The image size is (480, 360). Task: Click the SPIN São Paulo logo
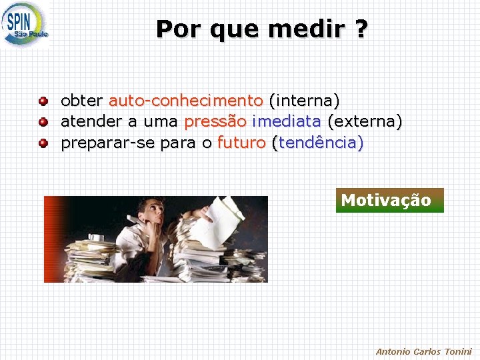(25, 24)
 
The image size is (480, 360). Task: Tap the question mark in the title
(360, 29)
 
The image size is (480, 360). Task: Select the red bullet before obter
(43, 101)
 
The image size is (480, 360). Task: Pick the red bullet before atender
(43, 122)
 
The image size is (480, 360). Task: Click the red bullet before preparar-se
(43, 143)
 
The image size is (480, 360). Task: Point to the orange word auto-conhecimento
(186, 101)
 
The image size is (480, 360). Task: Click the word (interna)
(304, 101)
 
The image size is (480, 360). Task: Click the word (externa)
(365, 122)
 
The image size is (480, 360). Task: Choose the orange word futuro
(241, 143)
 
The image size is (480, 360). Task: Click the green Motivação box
(389, 200)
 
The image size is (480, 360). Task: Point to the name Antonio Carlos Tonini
(423, 351)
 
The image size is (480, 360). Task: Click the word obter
(81, 101)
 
